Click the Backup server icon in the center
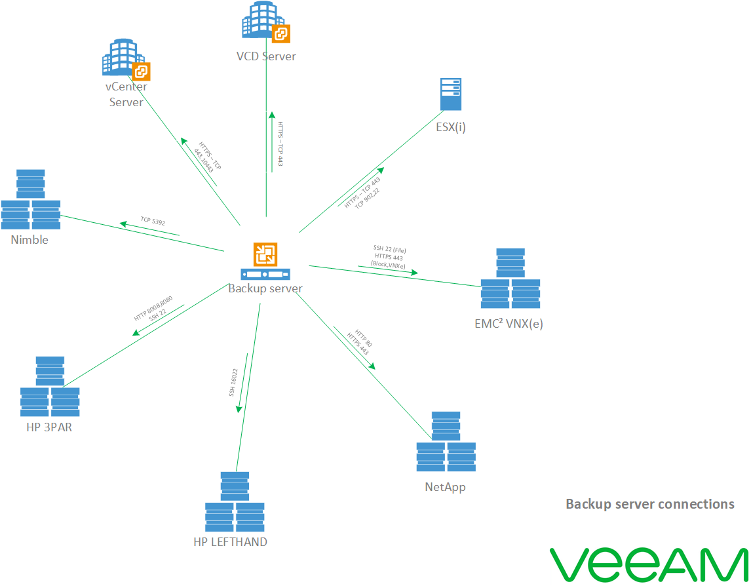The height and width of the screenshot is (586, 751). pyautogui.click(x=265, y=261)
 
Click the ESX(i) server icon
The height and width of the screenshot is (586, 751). pyautogui.click(x=450, y=95)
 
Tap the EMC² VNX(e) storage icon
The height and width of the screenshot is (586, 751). pyautogui.click(x=510, y=279)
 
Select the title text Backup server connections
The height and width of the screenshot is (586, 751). pyautogui.click(x=649, y=504)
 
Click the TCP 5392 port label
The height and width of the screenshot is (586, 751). pyautogui.click(x=153, y=222)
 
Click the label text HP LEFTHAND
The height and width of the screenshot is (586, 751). pyautogui.click(x=230, y=542)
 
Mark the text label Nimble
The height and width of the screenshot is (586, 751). pyautogui.click(x=29, y=240)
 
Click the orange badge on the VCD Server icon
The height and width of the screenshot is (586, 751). pyautogui.click(x=281, y=33)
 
